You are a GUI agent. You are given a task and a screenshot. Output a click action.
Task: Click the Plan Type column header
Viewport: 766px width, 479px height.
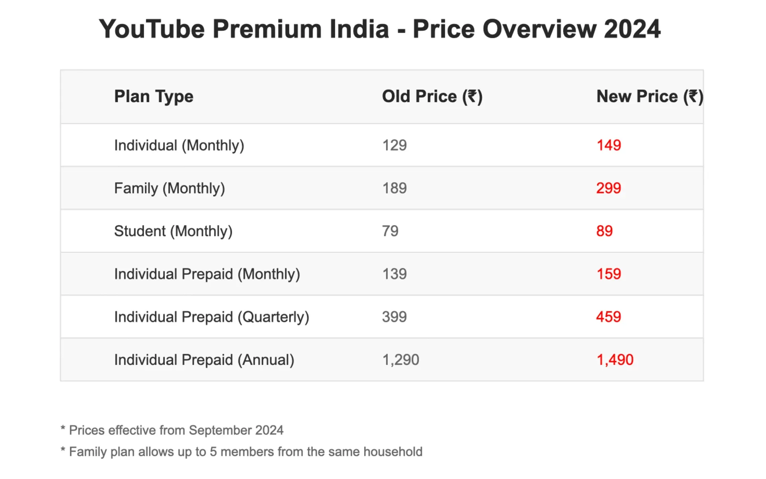click(x=154, y=97)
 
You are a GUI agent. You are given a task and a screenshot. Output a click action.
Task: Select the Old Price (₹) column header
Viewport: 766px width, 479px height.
click(x=432, y=97)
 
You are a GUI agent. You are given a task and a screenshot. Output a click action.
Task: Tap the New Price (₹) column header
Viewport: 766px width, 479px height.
click(x=650, y=97)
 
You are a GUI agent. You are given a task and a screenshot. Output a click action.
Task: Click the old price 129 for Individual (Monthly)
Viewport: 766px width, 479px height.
click(x=394, y=145)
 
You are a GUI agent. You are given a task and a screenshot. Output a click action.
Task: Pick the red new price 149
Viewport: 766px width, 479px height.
click(x=608, y=145)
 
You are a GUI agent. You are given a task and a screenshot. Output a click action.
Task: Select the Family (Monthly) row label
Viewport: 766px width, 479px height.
click(x=170, y=188)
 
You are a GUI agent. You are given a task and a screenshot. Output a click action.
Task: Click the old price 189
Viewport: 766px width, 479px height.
click(x=394, y=188)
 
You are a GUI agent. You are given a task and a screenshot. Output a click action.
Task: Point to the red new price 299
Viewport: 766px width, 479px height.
click(x=608, y=188)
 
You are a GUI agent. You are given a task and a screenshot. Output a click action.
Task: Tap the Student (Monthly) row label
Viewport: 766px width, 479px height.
click(x=173, y=231)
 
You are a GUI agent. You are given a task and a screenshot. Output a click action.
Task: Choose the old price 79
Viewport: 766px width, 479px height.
click(x=390, y=231)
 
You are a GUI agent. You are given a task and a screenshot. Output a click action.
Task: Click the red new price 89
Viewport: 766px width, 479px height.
click(x=604, y=231)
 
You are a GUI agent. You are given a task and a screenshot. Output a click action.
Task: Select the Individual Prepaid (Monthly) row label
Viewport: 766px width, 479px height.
click(x=207, y=274)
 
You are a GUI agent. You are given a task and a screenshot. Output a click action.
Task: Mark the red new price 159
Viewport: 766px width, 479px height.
click(x=608, y=274)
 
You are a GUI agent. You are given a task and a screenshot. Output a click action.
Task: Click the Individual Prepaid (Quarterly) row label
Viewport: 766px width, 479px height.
click(x=211, y=317)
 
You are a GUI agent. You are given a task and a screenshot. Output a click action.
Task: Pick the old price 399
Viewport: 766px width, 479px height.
click(x=394, y=317)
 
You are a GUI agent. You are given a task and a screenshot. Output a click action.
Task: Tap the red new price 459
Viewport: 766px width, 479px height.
click(x=608, y=317)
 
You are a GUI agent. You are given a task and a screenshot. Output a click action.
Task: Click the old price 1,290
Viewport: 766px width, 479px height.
click(x=401, y=360)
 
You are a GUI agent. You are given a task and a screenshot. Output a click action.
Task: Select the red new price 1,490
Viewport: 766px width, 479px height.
click(x=615, y=360)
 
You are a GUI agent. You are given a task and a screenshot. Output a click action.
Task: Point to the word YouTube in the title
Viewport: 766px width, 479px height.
click(x=152, y=29)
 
